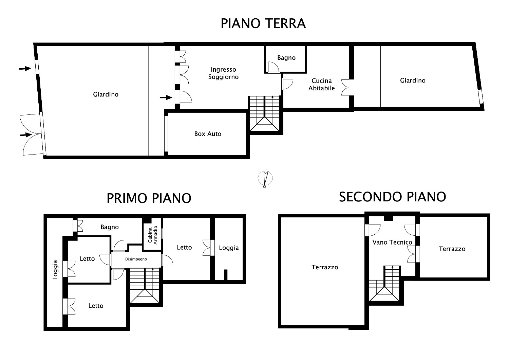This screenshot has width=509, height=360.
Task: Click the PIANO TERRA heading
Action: tap(263, 23)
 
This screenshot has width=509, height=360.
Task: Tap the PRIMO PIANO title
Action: tap(149, 198)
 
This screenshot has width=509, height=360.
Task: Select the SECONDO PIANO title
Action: tap(392, 197)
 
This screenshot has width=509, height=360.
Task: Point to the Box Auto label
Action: tap(208, 134)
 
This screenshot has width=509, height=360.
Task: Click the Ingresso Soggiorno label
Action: tap(223, 73)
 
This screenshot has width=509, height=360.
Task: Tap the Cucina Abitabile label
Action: tap(322, 84)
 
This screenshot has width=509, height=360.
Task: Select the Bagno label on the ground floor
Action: tap(286, 58)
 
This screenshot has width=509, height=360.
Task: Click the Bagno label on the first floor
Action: tap(110, 227)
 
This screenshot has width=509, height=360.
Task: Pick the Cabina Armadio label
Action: tap(153, 235)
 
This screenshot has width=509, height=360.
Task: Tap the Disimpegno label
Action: tap(136, 259)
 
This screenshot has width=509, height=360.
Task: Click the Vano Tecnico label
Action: tap(392, 242)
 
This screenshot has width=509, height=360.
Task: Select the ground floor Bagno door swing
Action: tap(274, 67)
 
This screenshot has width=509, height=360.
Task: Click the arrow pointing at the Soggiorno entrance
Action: tap(166, 97)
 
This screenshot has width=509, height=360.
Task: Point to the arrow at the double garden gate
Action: tap(26, 135)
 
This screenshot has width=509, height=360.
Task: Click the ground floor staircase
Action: tap(264, 113)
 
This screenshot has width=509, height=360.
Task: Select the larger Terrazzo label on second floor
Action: tap(325, 267)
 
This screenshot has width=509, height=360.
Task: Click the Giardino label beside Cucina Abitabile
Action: tap(413, 80)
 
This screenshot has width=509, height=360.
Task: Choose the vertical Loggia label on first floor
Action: tap(55, 269)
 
